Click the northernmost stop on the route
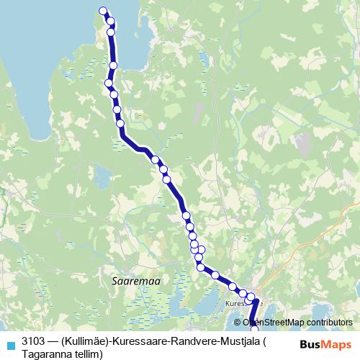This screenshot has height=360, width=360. tap(103, 11)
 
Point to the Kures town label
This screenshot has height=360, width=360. tap(237, 303)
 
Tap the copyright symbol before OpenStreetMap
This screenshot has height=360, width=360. tap(237, 323)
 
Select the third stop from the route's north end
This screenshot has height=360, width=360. tap(111, 32)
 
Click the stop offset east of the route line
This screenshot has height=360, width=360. tap(202, 251)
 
